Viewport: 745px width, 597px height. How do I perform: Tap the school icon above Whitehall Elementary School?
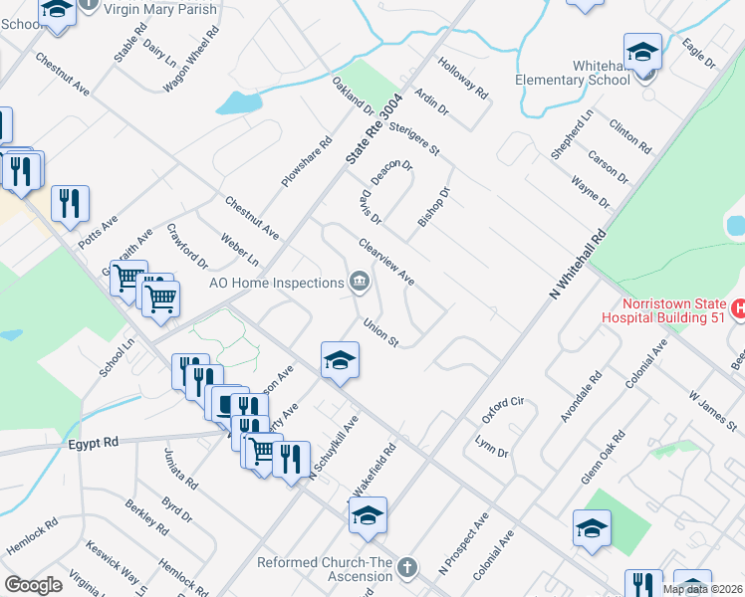click(x=642, y=52)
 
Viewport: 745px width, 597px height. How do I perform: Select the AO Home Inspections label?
click(x=277, y=284)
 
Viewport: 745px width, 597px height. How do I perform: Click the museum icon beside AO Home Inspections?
click(x=359, y=284)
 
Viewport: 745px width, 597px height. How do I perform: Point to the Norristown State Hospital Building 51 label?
click(x=663, y=310)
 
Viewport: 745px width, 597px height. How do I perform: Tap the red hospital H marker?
click(x=738, y=309)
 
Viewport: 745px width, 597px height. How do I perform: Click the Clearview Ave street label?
click(x=386, y=262)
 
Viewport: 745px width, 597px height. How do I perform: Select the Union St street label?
click(x=380, y=332)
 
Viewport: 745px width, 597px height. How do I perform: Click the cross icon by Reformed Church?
click(x=405, y=568)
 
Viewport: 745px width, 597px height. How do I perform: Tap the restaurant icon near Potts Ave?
click(x=70, y=203)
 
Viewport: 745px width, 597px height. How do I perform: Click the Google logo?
click(x=33, y=585)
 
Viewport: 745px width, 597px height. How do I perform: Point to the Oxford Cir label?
click(x=503, y=410)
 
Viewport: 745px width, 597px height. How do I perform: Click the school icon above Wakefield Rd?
click(x=367, y=515)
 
